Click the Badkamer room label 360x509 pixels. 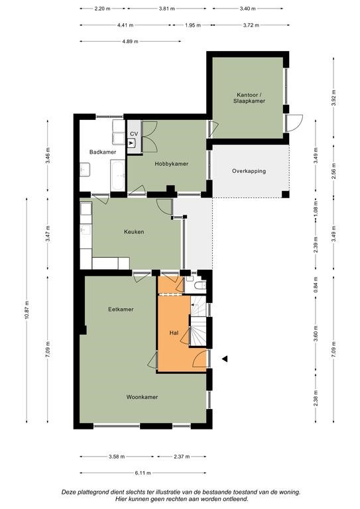click(103, 152)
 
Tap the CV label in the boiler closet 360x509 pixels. click(134, 134)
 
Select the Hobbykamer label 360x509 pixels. click(172, 164)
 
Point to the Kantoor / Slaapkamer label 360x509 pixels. click(249, 97)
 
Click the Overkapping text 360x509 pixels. click(249, 171)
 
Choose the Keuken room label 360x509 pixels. click(134, 232)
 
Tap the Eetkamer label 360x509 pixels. click(121, 310)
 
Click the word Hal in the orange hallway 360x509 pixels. click(174, 333)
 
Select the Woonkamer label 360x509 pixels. click(142, 397)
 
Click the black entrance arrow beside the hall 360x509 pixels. click(225, 359)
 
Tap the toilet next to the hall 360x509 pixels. click(201, 285)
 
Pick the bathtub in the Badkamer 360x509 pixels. click(117, 176)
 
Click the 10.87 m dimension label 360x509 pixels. click(27, 310)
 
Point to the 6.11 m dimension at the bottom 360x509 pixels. click(143, 473)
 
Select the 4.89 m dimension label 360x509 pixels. click(130, 41)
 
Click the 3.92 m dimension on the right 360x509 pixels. click(333, 98)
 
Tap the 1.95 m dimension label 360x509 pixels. click(193, 25)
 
